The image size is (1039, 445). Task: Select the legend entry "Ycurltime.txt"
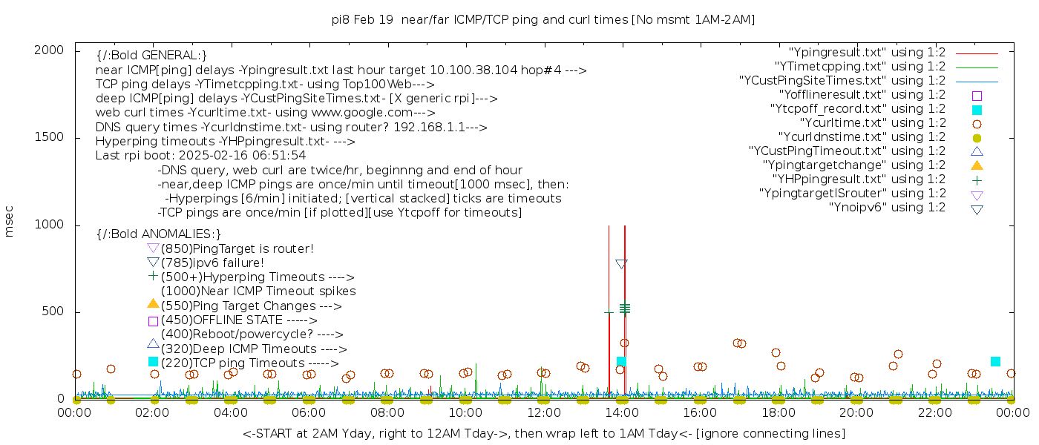pyautogui.click(x=872, y=123)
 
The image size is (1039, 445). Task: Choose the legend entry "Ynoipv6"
pyautogui.click(x=887, y=208)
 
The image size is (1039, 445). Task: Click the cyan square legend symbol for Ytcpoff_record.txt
pyautogui.click(x=977, y=110)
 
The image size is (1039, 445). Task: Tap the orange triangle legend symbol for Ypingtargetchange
pyautogui.click(x=977, y=165)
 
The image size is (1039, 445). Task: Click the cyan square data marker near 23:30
pyautogui.click(x=995, y=361)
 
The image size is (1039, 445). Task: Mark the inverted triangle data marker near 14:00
pyautogui.click(x=621, y=263)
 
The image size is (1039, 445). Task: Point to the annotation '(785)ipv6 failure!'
pyautogui.click(x=212, y=263)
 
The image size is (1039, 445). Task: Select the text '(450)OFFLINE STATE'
pyautogui.click(x=221, y=320)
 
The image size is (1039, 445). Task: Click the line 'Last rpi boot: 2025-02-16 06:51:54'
pyautogui.click(x=200, y=156)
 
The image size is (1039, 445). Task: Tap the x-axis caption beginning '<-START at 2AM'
pyautogui.click(x=543, y=433)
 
